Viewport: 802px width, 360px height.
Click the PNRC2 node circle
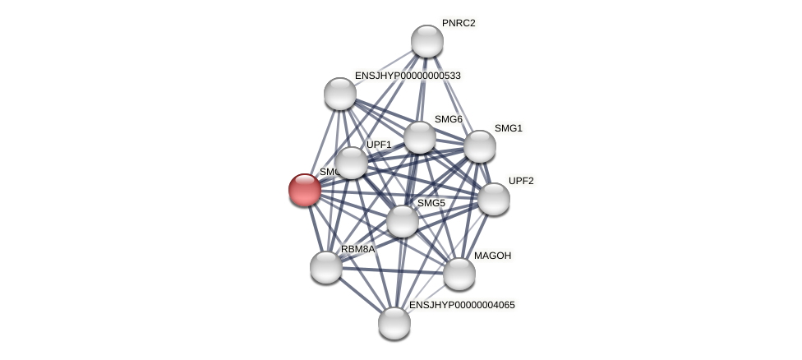click(x=427, y=41)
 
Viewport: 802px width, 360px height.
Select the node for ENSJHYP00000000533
click(x=340, y=94)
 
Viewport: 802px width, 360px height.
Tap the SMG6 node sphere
click(x=420, y=137)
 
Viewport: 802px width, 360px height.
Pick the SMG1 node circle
click(x=480, y=146)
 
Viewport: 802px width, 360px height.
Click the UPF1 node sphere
click(x=352, y=163)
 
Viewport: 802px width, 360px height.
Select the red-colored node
click(x=305, y=190)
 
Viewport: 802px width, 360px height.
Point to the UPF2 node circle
click(x=494, y=199)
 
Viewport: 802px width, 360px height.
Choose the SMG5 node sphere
click(x=403, y=221)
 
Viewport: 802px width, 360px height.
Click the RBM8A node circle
click(x=326, y=267)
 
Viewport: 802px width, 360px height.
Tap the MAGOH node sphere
click(x=459, y=274)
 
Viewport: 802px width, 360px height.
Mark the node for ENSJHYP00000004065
click(x=394, y=323)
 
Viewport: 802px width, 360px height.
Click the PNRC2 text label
click(x=459, y=23)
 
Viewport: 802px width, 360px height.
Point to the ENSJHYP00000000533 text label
click(x=408, y=76)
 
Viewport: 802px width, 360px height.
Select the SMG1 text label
click(x=509, y=128)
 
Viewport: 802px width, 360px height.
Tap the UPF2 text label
click(x=521, y=181)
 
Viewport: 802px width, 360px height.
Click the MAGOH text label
click(x=492, y=256)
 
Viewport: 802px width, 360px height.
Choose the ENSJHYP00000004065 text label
click(x=462, y=305)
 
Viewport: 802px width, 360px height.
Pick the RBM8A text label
click(x=357, y=249)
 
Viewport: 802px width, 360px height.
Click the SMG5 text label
click(x=431, y=203)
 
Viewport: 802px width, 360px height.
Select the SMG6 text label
click(x=449, y=119)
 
